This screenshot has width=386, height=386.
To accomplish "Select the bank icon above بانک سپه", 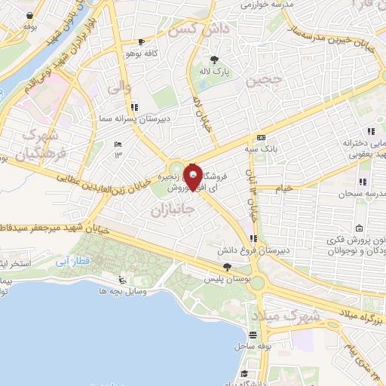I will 261,137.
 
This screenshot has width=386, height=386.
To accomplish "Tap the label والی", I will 119,89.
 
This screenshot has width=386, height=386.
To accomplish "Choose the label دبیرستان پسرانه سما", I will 123,119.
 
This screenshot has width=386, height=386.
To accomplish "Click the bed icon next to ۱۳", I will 117,144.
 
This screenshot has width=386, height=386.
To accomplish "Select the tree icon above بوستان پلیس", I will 226,267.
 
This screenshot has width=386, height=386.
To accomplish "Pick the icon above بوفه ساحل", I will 253,335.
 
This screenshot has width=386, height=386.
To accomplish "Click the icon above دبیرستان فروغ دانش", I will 253,238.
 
